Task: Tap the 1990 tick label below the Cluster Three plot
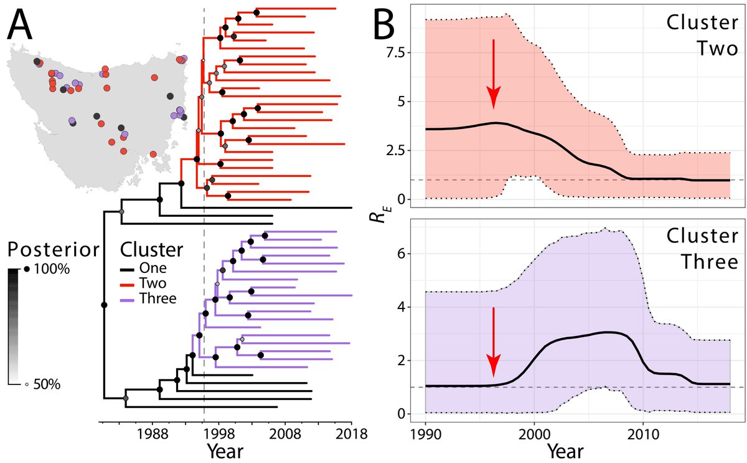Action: (x=426, y=431)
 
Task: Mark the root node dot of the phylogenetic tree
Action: (x=104, y=305)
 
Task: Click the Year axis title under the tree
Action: (x=225, y=451)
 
